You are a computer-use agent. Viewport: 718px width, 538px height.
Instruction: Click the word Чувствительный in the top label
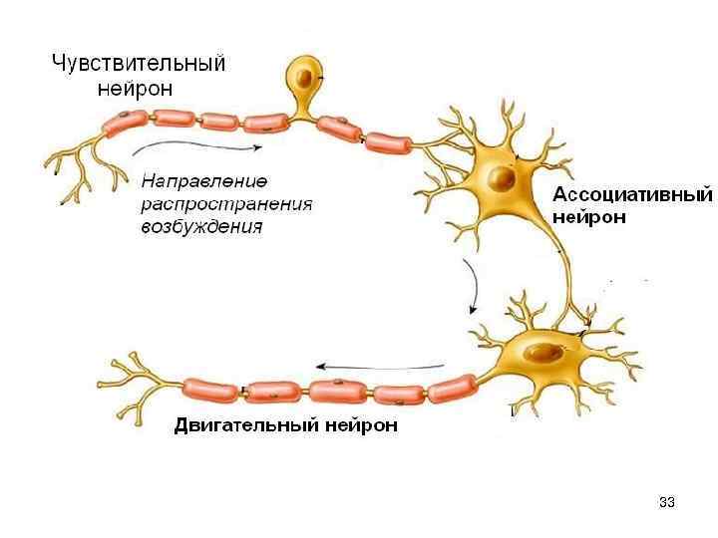click(138, 64)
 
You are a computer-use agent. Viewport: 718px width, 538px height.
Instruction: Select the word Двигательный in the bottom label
click(246, 425)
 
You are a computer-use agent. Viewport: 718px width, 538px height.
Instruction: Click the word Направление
click(204, 182)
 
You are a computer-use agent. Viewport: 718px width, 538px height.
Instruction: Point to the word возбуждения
click(201, 226)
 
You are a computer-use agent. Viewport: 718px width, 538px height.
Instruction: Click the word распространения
click(226, 204)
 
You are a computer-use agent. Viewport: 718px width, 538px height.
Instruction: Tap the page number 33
click(667, 501)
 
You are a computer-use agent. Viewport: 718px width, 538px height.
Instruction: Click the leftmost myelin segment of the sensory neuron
click(125, 124)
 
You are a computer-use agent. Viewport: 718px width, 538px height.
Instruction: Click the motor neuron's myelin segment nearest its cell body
click(451, 386)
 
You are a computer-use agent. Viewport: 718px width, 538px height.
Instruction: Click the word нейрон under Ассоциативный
click(589, 216)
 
